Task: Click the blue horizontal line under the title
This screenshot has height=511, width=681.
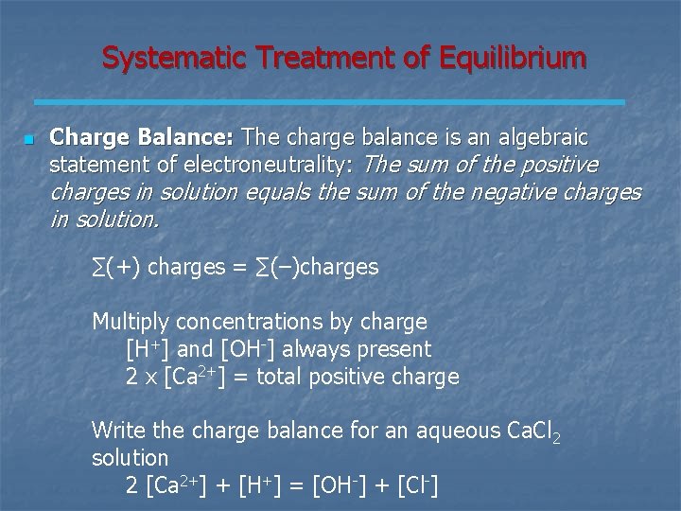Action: coord(329,101)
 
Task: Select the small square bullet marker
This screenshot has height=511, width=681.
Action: coord(28,140)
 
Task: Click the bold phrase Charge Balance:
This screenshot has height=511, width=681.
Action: coord(146,138)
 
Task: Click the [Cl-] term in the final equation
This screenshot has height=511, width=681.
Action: coord(416,485)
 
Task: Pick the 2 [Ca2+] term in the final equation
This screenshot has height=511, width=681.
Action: coord(179,485)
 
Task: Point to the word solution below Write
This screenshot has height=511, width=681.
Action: coord(130,457)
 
